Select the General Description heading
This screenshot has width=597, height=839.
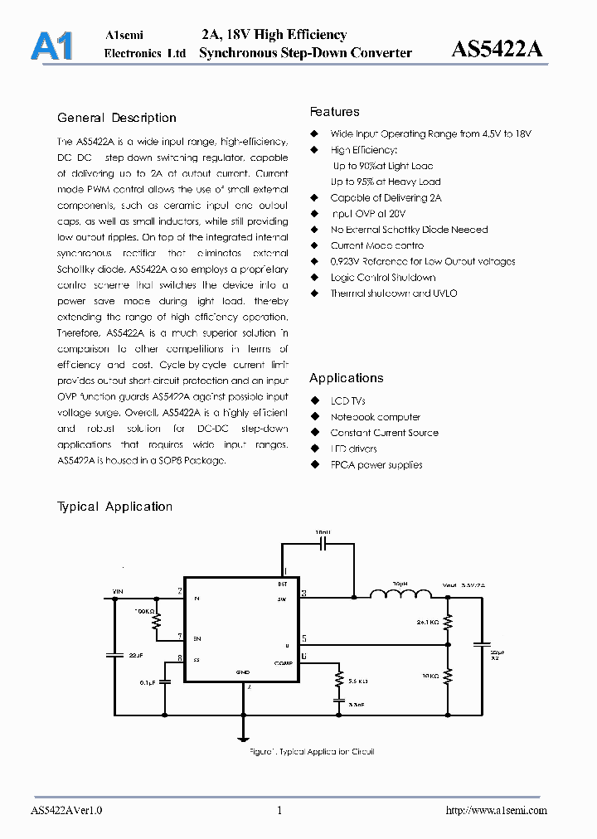(117, 118)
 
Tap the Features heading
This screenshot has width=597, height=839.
(335, 112)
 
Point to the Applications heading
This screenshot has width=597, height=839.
(347, 378)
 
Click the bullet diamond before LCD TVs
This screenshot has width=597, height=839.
(314, 401)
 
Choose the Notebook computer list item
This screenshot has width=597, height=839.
(375, 417)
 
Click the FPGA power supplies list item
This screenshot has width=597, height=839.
(376, 465)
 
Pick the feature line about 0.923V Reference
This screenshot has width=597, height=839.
(422, 261)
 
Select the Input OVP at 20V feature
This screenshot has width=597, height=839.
(368, 214)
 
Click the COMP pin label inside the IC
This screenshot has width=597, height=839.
(282, 662)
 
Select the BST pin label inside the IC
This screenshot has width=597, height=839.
(283, 583)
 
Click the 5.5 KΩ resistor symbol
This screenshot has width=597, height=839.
(339, 679)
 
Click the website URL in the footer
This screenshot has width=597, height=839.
(497, 811)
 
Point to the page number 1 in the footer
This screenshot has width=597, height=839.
(279, 811)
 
